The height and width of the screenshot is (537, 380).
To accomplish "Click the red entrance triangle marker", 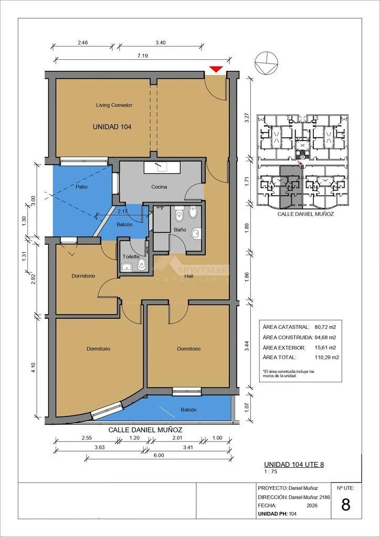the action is click(216, 69).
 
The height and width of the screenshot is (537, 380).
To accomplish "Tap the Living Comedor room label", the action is click(114, 105).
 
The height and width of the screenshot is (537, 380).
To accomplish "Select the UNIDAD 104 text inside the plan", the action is click(112, 127).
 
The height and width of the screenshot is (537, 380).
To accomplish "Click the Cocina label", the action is click(160, 187).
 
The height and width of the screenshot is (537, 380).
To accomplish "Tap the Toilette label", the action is click(131, 256).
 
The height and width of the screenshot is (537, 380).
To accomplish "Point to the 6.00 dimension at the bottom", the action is click(160, 455).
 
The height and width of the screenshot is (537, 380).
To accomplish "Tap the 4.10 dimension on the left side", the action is click(31, 366).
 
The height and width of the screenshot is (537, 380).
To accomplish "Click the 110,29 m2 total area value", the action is click(326, 357).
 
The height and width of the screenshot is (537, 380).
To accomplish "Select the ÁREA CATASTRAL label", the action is click(286, 327).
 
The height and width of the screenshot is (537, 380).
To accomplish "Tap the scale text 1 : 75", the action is click(270, 471).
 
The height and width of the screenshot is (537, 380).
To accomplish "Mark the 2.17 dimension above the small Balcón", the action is click(122, 211).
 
